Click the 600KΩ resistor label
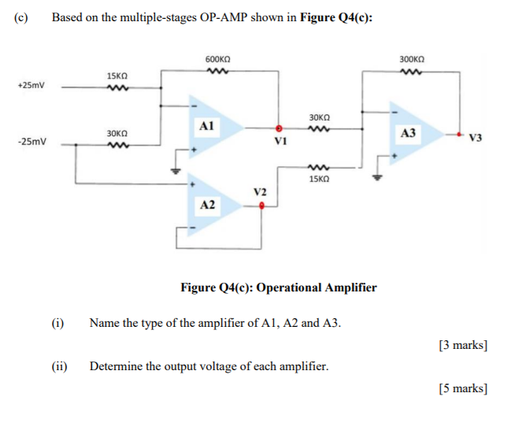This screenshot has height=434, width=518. click(x=217, y=59)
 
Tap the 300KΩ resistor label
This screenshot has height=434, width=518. click(x=412, y=59)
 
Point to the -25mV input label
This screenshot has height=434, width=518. click(x=32, y=143)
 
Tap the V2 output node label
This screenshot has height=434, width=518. click(x=261, y=192)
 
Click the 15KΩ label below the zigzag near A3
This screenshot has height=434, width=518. click(x=320, y=179)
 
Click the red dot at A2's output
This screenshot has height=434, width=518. click(x=261, y=207)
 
